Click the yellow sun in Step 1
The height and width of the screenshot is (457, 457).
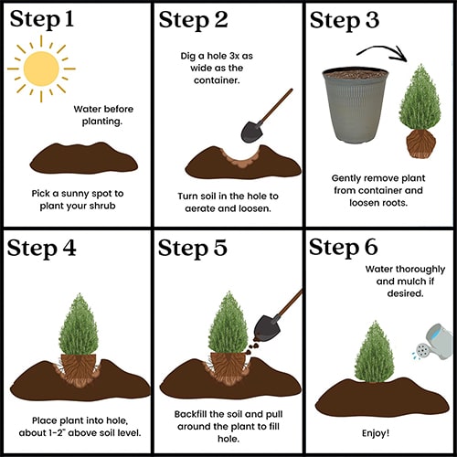click(41, 69)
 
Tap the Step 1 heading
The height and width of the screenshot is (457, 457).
click(42, 19)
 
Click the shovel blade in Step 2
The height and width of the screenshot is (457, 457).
click(251, 132)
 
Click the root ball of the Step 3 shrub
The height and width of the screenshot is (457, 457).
click(421, 143)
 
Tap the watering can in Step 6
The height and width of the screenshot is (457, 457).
click(433, 342)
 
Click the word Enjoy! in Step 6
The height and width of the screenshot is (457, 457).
click(376, 433)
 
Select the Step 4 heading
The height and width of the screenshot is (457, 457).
click(41, 248)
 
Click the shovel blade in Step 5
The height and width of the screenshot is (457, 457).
click(265, 328)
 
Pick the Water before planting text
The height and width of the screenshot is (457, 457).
click(103, 115)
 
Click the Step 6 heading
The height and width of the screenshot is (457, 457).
click(344, 248)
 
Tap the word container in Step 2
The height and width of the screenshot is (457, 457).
click(217, 80)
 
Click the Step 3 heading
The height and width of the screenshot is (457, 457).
click(345, 21)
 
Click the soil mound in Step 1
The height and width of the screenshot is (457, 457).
click(84, 158)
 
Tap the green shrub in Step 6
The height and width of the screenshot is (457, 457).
click(375, 351)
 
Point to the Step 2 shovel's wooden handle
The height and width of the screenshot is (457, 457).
click(276, 106)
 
